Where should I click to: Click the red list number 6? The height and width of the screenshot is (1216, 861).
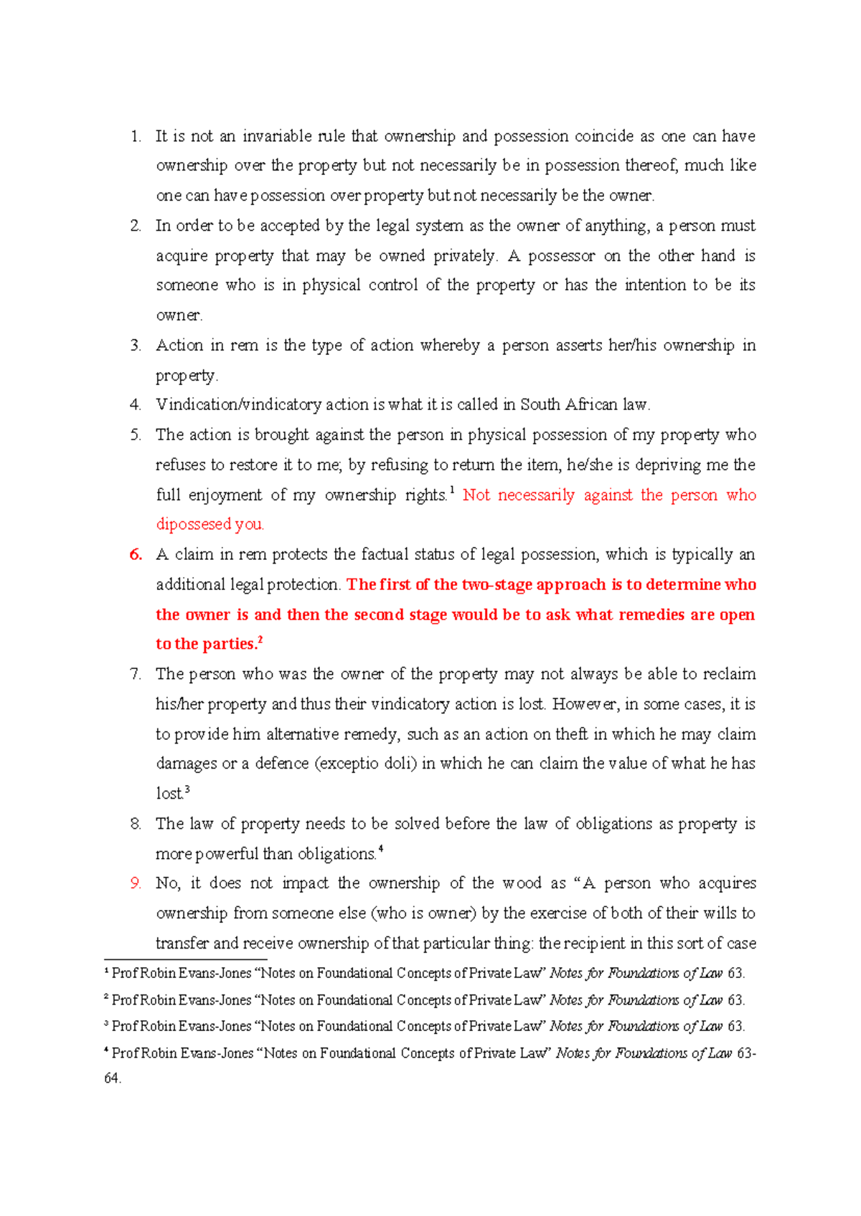pos(136,555)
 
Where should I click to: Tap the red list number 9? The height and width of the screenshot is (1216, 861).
pos(136,883)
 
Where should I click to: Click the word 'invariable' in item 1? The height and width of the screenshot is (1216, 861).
pos(277,136)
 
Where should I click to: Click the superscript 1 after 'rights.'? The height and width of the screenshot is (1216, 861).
pos(452,490)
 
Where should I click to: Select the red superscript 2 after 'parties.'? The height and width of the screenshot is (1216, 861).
pos(260,640)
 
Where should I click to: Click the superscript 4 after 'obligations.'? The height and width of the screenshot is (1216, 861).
pos(380,849)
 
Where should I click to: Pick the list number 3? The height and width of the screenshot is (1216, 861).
pos(136,346)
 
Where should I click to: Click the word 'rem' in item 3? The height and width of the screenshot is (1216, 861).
pos(244,346)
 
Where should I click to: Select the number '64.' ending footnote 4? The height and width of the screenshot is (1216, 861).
pos(113,1078)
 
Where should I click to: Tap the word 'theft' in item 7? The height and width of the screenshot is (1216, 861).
pos(571,734)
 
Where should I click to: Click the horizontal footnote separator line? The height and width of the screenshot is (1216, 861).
pos(185,959)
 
